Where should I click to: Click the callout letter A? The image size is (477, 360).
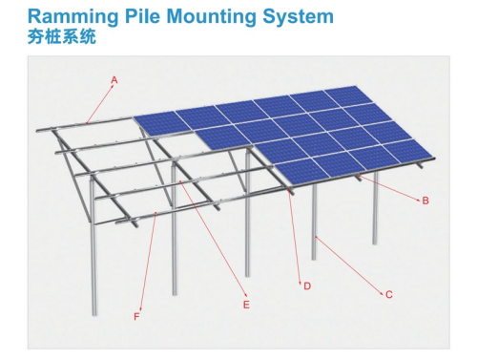click(114, 78)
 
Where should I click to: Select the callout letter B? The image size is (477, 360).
click(425, 201)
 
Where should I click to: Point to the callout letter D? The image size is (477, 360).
click(307, 286)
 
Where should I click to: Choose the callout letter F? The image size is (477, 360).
click(136, 315)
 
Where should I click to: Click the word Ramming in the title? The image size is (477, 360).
click(70, 16)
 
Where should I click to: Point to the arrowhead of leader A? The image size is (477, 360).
click(86, 122)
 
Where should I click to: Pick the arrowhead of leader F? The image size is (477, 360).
click(156, 217)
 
